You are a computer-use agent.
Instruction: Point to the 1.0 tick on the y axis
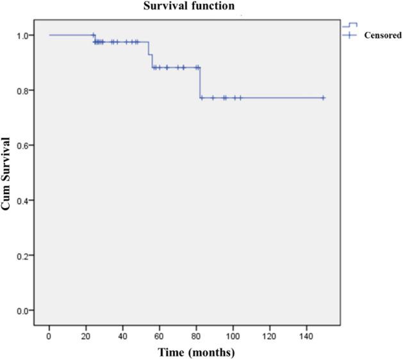(23, 35)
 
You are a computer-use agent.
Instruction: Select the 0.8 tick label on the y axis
(23, 90)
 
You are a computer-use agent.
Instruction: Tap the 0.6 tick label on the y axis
(23, 145)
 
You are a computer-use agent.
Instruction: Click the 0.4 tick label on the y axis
(23, 200)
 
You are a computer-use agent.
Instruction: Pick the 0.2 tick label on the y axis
(23, 256)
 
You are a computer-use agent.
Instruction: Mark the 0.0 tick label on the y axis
(23, 311)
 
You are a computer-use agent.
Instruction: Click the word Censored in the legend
(382, 36)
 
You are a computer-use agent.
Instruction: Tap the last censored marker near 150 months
(323, 97)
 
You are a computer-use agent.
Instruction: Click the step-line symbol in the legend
(349, 24)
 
